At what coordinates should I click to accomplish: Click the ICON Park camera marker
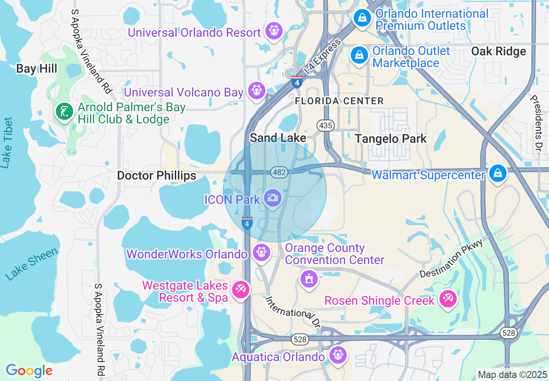coord(272,198)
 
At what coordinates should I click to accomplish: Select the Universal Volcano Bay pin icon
coord(257,90)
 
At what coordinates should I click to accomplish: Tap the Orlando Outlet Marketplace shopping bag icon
coord(359,55)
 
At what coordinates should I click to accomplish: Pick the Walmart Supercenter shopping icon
coord(497,173)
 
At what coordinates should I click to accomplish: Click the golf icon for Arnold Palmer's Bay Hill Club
coord(65,112)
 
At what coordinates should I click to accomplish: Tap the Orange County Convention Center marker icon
coord(309,278)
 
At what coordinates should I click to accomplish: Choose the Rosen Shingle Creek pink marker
coord(448,299)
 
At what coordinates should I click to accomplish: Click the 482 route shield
coord(279,172)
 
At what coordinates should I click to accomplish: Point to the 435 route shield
coord(325,126)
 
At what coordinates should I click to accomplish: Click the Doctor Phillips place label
coord(157,175)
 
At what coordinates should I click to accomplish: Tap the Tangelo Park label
coord(391,139)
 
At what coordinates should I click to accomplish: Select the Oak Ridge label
coord(498,51)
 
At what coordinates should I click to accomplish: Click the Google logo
coord(29,371)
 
